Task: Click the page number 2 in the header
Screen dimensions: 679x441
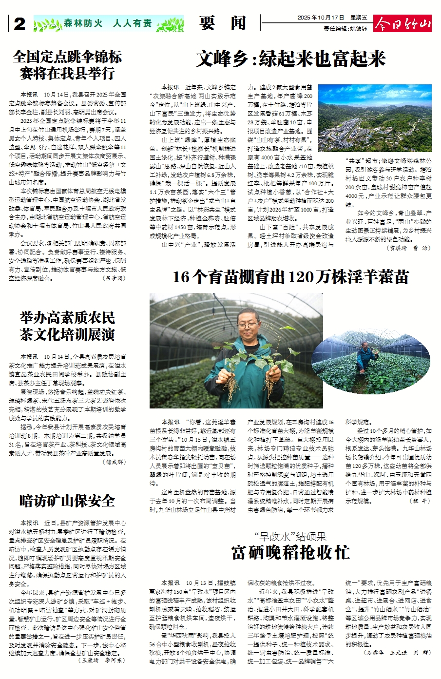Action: click(19, 24)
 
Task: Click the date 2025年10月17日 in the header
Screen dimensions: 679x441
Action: click(320, 18)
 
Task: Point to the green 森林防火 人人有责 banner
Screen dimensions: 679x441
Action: click(108, 23)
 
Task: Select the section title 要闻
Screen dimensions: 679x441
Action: click(222, 23)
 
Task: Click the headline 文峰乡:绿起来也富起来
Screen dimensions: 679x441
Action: click(291, 59)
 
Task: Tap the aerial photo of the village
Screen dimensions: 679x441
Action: click(374, 118)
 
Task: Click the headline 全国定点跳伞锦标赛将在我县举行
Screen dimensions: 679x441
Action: click(67, 65)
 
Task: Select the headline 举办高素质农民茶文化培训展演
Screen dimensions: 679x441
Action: click(67, 326)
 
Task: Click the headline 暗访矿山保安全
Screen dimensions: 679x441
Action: click(67, 500)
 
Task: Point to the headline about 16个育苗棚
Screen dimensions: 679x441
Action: click(290, 277)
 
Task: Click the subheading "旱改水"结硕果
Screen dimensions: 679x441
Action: click(290, 537)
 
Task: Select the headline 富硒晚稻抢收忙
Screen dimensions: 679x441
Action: click(290, 553)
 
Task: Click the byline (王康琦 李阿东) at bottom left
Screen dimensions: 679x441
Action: click(101, 660)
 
